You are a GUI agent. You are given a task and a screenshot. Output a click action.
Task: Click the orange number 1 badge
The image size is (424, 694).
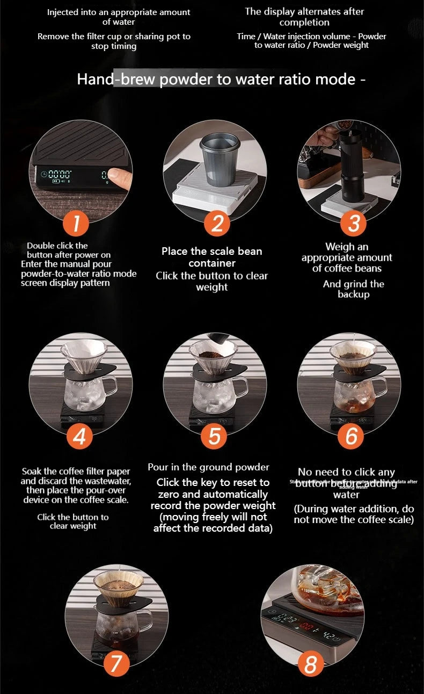[78, 223]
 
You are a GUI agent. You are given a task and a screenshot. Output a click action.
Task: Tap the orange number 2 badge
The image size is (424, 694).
[217, 223]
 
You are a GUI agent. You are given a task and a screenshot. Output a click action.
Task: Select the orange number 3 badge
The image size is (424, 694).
[353, 223]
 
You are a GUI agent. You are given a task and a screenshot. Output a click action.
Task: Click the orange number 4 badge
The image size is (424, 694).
[79, 436]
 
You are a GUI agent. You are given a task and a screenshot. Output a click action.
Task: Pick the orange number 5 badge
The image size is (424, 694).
[214, 436]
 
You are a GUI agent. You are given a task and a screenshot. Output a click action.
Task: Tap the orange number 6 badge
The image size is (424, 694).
[351, 436]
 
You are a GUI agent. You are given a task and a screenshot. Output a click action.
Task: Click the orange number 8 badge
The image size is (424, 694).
[311, 664]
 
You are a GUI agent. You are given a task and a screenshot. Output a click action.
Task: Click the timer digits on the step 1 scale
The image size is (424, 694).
[60, 174]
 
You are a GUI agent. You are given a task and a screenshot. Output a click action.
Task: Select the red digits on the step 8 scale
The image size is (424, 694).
[306, 627]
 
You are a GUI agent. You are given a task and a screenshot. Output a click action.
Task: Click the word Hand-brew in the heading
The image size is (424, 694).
[116, 79]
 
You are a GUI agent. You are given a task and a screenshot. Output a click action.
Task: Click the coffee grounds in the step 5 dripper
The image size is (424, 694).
[213, 355]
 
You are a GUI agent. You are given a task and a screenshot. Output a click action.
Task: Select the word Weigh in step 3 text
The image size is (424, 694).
[339, 247]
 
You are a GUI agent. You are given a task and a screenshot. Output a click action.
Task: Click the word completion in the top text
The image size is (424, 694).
[304, 23]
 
